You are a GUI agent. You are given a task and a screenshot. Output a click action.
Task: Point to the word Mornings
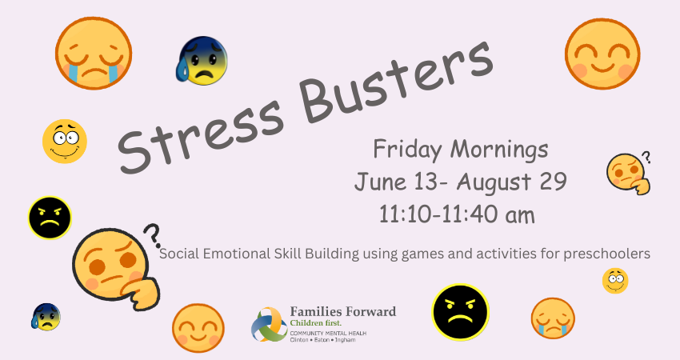point(499,150)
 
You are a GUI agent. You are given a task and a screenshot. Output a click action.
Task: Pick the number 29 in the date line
point(553,181)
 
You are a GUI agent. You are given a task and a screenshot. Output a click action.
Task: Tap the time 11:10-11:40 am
point(457,214)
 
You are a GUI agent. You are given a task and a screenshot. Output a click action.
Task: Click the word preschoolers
point(606,254)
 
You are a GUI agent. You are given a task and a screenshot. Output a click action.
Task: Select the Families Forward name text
point(343,311)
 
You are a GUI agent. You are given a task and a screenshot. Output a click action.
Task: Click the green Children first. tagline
point(315,323)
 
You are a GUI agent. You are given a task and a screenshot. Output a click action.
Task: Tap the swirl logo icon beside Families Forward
point(269,325)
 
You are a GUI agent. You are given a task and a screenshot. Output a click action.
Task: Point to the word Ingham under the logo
point(346,340)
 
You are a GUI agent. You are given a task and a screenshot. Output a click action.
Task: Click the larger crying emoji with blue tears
point(94,54)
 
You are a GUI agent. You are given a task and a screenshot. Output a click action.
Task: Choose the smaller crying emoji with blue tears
point(553,318)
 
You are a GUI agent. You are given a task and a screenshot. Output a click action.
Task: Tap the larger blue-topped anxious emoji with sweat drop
point(202,61)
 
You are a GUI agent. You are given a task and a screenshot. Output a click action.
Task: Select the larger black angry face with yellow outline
point(461,312)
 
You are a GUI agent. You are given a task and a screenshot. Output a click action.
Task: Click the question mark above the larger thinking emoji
point(153,234)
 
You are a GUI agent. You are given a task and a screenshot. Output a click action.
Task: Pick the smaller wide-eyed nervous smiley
point(615,281)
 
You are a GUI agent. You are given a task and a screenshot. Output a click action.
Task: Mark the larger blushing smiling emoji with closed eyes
point(602,54)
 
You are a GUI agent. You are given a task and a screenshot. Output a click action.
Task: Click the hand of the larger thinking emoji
point(142,294)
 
